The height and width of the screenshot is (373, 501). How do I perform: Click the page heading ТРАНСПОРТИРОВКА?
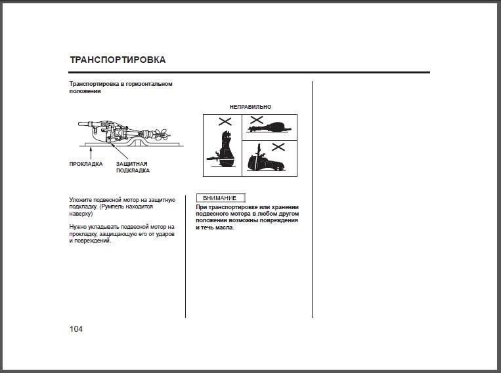tap(118, 60)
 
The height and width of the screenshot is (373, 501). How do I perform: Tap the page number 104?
tap(76, 329)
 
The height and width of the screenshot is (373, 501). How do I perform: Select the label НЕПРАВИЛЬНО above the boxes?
tap(251, 107)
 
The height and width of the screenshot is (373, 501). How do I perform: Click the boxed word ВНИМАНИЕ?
tap(220, 198)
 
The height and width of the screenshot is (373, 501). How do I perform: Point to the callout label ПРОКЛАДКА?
tap(86, 164)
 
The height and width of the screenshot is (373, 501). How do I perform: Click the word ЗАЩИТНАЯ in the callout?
tap(131, 164)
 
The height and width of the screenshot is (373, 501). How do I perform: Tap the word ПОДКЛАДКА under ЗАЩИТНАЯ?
tap(133, 170)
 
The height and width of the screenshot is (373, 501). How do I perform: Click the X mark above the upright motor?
tap(225, 121)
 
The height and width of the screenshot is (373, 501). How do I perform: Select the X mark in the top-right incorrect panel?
tap(257, 120)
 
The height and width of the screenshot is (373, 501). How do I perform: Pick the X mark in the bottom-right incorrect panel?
tap(278, 147)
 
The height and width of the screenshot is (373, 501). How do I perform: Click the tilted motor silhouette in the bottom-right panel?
tap(265, 161)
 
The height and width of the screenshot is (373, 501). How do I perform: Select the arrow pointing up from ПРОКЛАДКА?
tap(91, 153)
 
